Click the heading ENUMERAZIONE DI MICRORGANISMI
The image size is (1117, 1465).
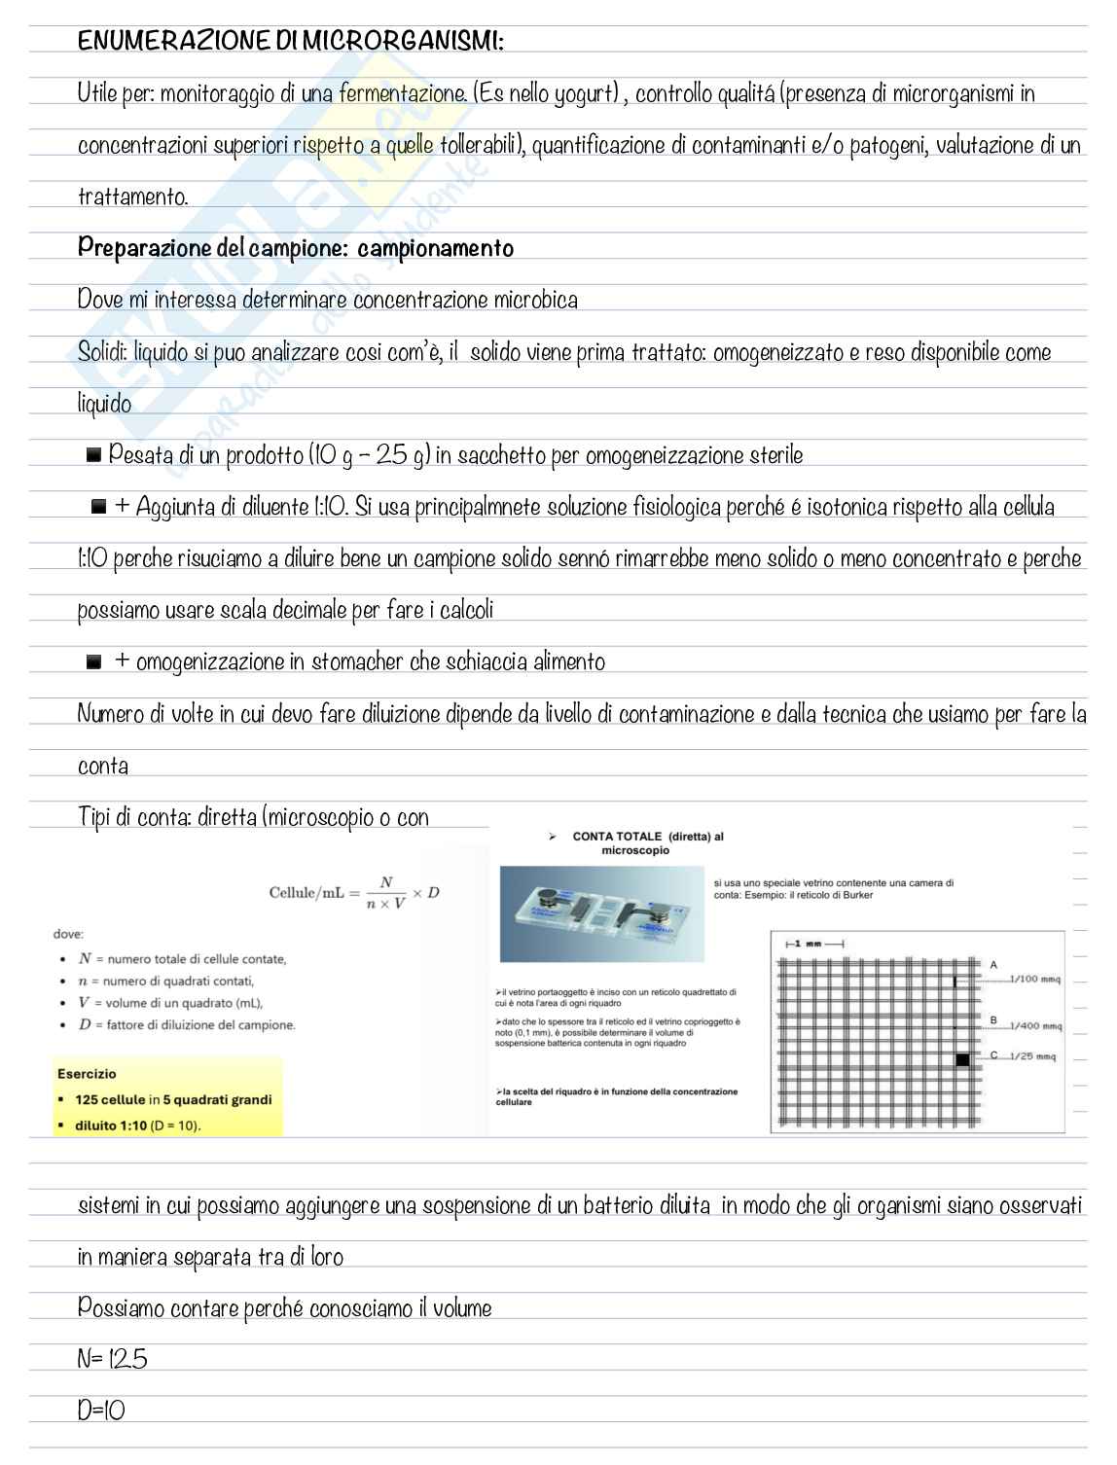tap(290, 41)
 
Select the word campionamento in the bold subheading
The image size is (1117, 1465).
tap(435, 249)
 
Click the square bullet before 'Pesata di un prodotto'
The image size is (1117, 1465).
tap(93, 455)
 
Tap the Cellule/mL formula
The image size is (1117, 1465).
tap(354, 893)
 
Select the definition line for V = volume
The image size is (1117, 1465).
tap(170, 1003)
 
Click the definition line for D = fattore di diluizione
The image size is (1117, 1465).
tap(186, 1025)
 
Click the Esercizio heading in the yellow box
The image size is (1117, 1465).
tap(87, 1074)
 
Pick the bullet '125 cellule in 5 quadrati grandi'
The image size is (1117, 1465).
tap(173, 1100)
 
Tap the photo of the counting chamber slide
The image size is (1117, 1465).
tap(600, 914)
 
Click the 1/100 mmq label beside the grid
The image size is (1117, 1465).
tap(1034, 980)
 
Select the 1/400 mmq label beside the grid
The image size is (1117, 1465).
tap(1034, 1026)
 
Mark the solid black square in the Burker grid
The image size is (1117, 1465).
tap(962, 1059)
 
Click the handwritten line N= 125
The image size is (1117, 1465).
tap(113, 1360)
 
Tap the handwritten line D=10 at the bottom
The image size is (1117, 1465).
tap(101, 1411)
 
